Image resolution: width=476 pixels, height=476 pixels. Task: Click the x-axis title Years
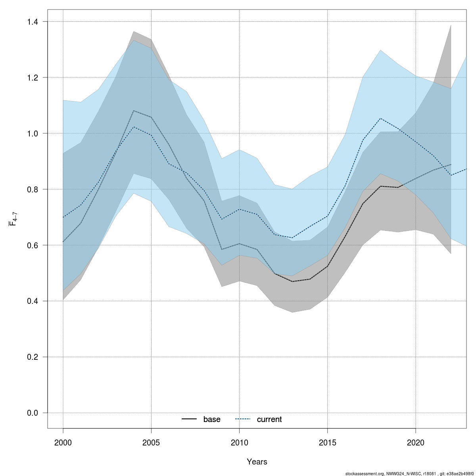(257, 462)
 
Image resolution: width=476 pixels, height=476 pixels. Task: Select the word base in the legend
(212, 419)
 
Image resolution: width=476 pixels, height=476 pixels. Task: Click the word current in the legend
(269, 419)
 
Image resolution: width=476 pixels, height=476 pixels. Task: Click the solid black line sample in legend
(189, 419)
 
